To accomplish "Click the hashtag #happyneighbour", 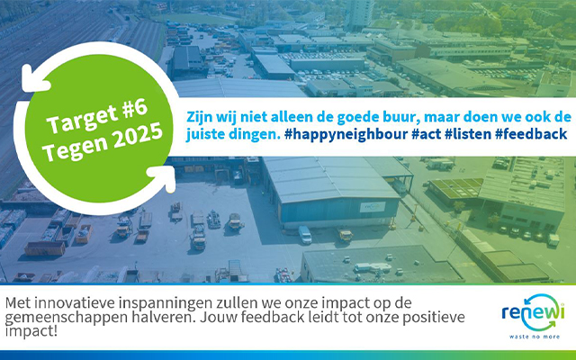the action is pos(346,134).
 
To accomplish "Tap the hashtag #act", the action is pos(426,134).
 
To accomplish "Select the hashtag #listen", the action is pos(468,134).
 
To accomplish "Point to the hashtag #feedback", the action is pos(531,134).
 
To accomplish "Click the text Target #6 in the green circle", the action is pos(97,116).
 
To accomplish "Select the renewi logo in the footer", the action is pos(533,313).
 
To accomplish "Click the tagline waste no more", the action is pos(535,337).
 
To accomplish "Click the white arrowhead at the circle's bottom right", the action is pos(164,178).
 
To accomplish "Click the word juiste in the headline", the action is pos(204,134).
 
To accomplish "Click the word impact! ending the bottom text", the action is pos(31,331).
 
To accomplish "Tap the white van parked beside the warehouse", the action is pos(304,234).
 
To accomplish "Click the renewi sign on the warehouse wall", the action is pos(372,207).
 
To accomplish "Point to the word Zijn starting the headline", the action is pos(199,117).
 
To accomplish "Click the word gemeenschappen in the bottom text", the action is pos(68,318).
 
